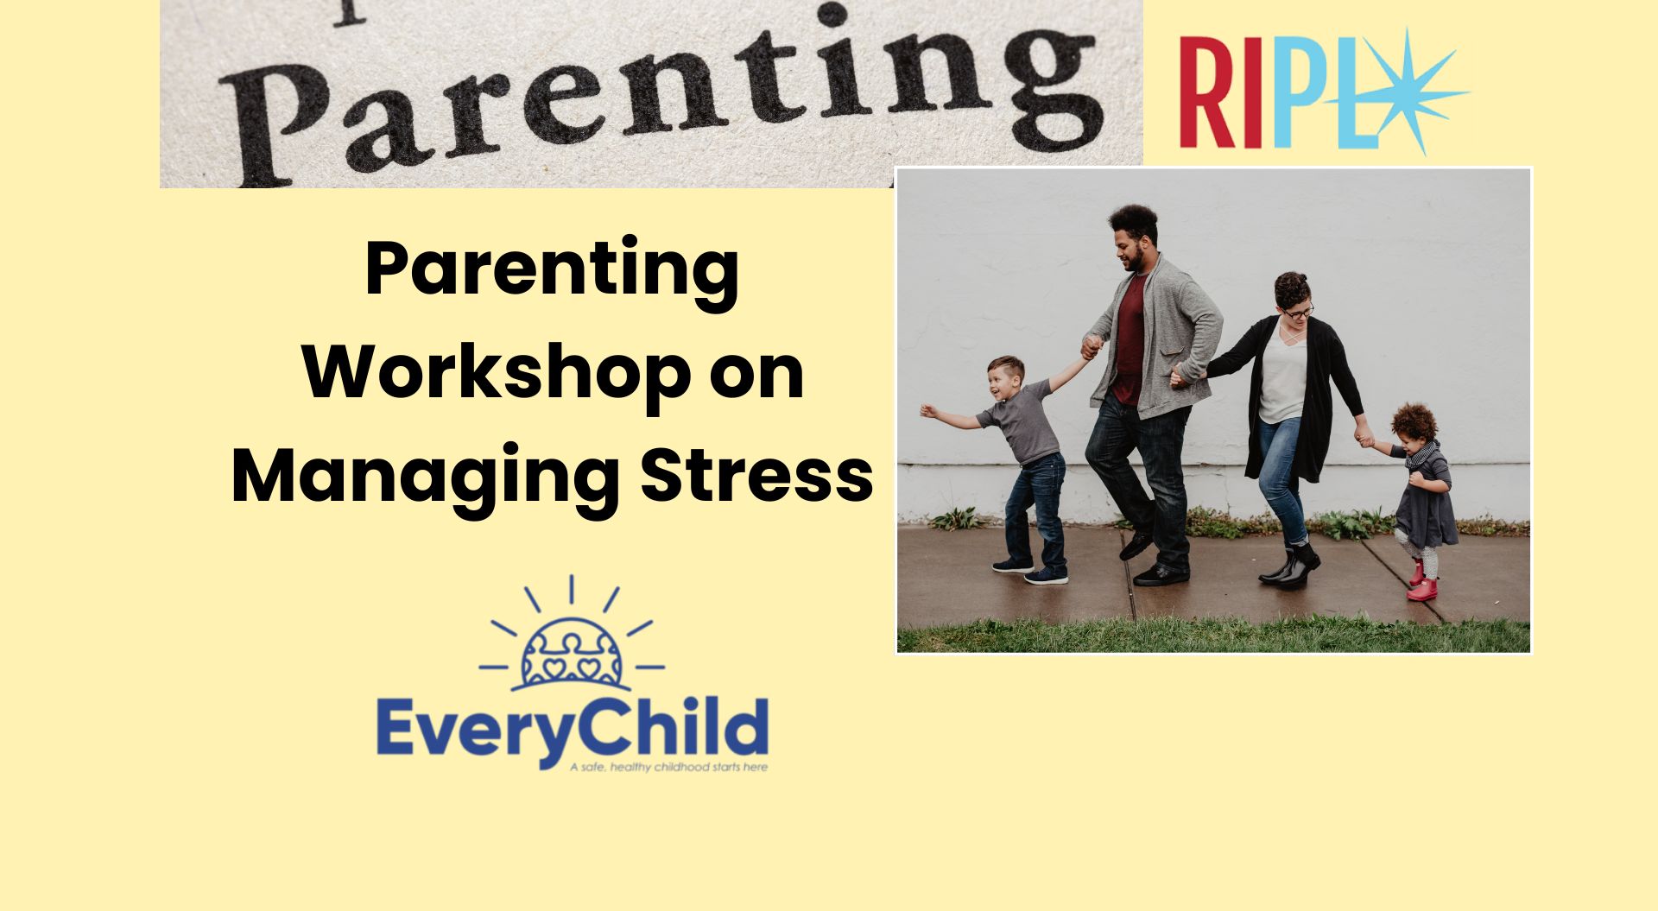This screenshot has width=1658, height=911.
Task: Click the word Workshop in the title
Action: pos(497,372)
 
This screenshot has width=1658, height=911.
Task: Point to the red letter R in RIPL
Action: pos(1207,93)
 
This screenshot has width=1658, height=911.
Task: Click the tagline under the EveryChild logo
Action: pos(668,767)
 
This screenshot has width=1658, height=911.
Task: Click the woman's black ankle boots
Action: pos(1289,566)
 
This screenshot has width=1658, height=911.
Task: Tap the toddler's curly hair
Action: pos(1414,422)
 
